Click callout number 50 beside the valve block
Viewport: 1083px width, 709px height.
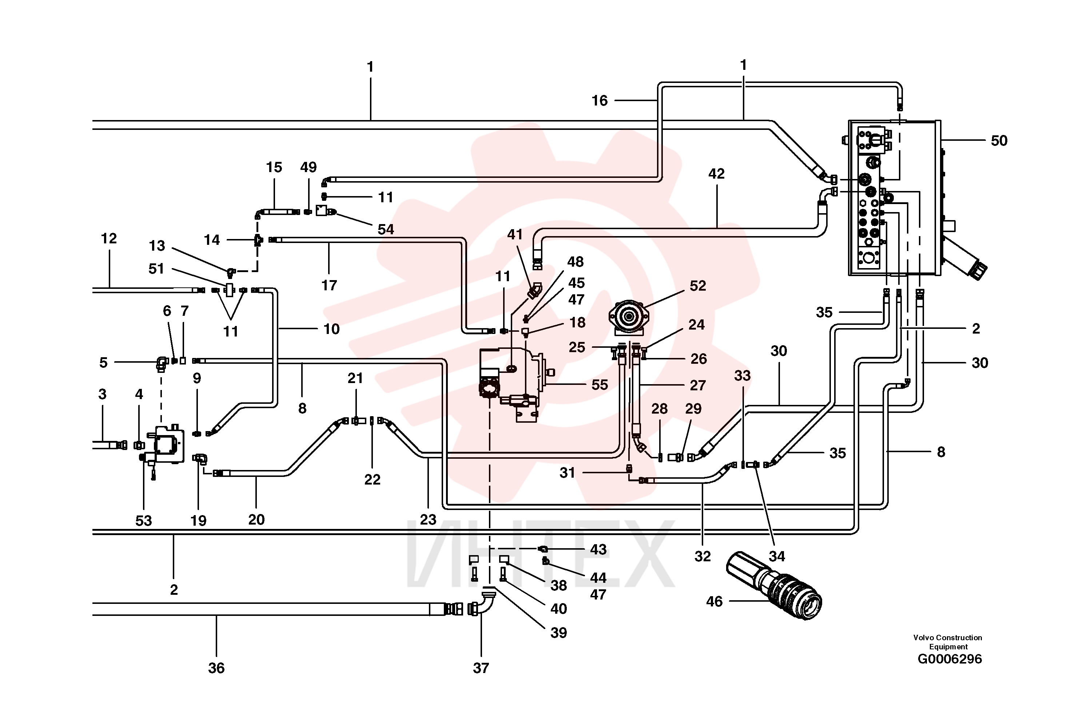tap(999, 141)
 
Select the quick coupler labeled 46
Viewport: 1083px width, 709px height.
tap(773, 585)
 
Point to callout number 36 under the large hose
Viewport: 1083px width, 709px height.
tap(216, 668)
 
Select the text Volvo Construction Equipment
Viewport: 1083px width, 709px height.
tap(948, 642)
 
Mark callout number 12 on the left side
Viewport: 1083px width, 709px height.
tap(109, 239)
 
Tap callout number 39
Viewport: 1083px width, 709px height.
tap(558, 633)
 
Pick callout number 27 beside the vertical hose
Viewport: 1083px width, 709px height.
tap(698, 386)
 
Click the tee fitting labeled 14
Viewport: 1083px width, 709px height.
tap(258, 239)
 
